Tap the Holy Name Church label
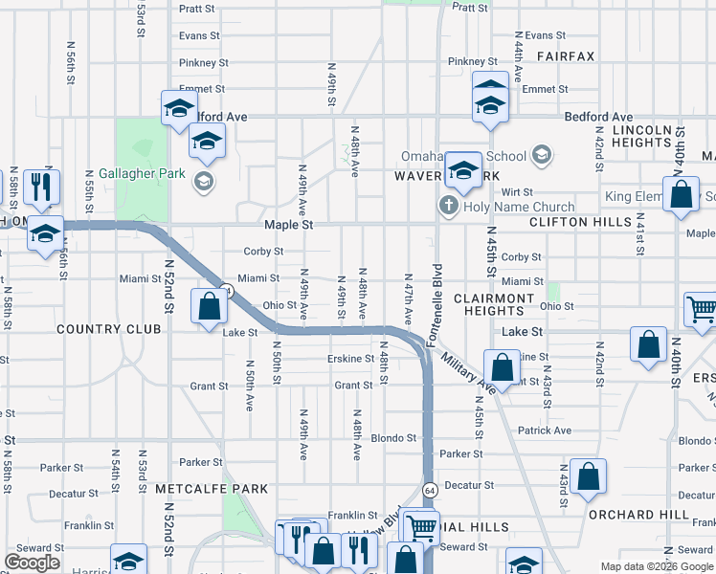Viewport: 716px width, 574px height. (519, 207)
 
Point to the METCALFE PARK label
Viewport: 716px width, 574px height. (212, 489)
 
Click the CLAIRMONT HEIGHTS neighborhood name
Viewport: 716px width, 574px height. (494, 304)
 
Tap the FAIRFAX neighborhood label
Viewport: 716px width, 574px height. (565, 57)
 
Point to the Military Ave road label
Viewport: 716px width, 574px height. (468, 368)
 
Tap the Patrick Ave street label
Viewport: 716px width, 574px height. (544, 430)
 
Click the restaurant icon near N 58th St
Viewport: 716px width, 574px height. (40, 188)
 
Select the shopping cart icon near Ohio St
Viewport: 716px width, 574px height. (701, 309)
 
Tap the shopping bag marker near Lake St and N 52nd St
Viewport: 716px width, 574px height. (210, 308)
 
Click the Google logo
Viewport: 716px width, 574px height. (32, 563)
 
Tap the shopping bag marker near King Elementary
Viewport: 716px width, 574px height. (681, 195)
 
